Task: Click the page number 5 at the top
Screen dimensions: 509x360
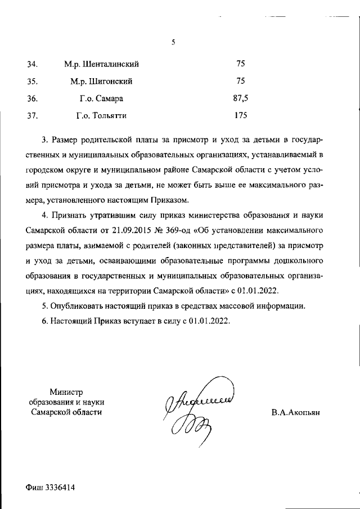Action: pyautogui.click(x=174, y=42)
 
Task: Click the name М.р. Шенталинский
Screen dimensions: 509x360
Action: pyautogui.click(x=102, y=64)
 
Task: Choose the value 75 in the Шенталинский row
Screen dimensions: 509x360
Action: pyautogui.click(x=241, y=64)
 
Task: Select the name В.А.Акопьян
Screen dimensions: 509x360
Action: pyautogui.click(x=295, y=412)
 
